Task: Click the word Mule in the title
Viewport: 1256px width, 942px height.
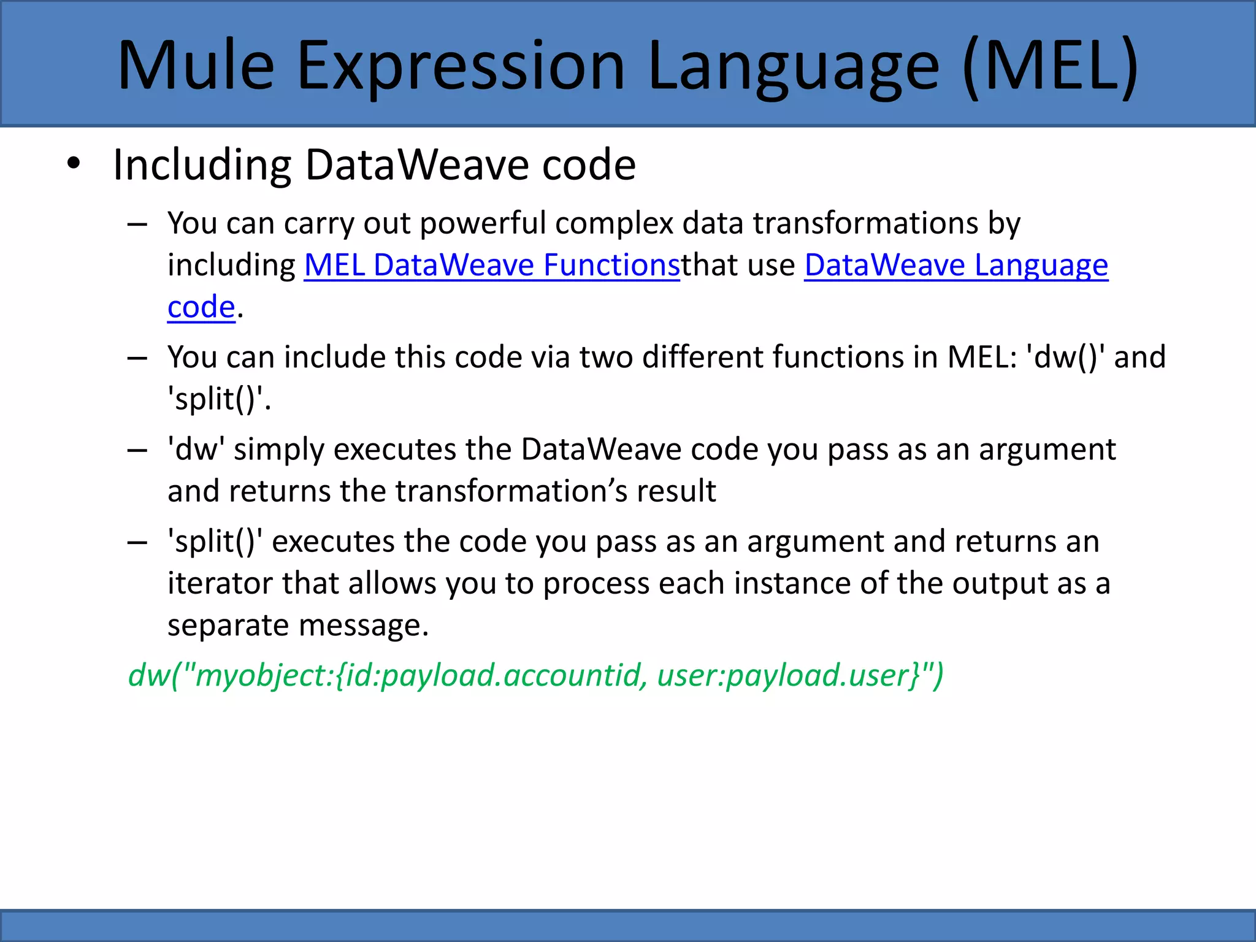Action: pos(195,66)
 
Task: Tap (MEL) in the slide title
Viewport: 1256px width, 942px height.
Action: pos(1051,66)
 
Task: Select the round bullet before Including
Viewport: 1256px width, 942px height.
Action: pos(74,164)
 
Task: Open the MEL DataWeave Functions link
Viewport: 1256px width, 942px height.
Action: pos(492,265)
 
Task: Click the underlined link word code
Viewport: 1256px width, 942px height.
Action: pos(201,307)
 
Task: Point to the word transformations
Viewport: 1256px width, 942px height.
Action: pos(865,223)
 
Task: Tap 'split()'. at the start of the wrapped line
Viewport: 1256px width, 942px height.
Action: pos(219,399)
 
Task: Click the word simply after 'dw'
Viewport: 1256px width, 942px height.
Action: pos(279,450)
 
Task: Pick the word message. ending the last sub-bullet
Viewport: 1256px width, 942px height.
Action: pos(363,626)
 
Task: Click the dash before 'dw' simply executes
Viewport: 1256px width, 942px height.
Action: pos(137,450)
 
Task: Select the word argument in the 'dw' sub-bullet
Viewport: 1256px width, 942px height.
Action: pos(1047,450)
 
